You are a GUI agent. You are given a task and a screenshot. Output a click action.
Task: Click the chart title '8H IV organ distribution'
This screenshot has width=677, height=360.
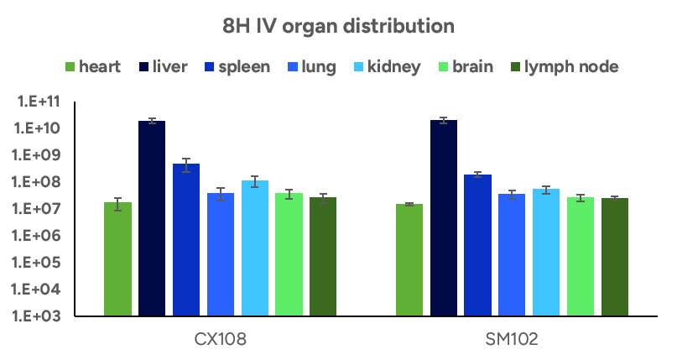click(x=338, y=26)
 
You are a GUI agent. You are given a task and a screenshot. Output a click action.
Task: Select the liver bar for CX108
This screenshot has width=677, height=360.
click(x=152, y=218)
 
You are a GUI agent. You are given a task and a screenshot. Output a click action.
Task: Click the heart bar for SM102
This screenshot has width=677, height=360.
click(x=409, y=260)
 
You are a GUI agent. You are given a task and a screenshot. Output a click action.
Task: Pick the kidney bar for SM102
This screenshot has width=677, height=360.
click(x=545, y=253)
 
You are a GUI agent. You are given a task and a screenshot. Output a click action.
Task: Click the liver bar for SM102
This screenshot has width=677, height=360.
click(x=444, y=218)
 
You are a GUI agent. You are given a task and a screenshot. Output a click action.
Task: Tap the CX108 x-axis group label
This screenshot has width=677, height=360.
click(x=221, y=339)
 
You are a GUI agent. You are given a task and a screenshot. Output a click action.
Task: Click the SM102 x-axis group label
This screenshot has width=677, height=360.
click(x=512, y=339)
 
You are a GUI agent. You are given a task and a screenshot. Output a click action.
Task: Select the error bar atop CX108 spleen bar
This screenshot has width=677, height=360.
click(x=186, y=164)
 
